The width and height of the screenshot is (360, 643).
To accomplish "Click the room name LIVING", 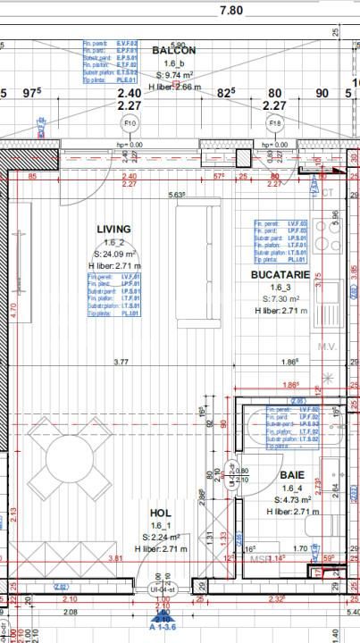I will point(113,230).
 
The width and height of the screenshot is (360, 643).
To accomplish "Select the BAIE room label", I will point(291,476).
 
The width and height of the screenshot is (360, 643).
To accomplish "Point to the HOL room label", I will point(161,513).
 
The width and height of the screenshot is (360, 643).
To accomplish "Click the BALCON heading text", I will point(174,51).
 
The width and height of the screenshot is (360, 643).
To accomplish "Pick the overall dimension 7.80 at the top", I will point(230,11).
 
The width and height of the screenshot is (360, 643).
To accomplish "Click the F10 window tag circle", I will point(130,123).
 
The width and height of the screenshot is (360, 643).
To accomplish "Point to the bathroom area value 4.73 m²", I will point(292,500).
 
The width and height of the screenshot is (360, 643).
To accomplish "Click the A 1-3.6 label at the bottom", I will point(163,629).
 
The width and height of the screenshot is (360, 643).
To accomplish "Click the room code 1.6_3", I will point(281,288).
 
